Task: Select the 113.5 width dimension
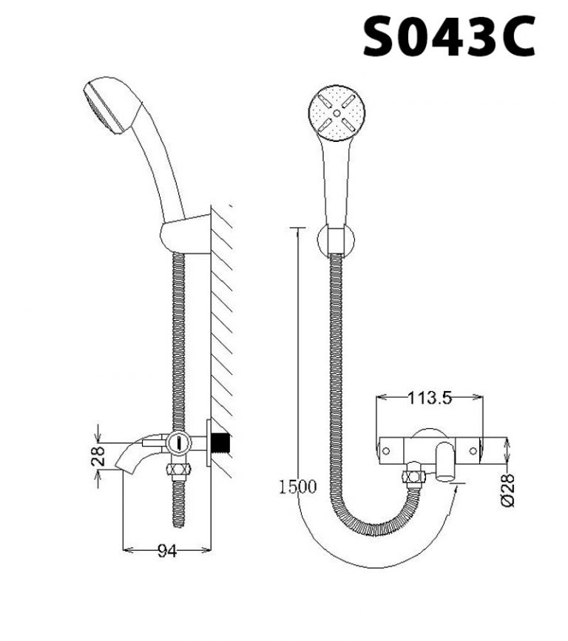click(x=430, y=398)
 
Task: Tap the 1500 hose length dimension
click(x=298, y=486)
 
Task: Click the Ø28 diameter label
click(x=507, y=489)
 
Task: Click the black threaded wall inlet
click(x=221, y=443)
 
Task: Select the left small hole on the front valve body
click(x=385, y=449)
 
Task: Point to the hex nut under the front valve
click(x=412, y=476)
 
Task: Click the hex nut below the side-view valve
click(x=180, y=469)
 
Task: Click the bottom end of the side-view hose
click(x=180, y=522)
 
